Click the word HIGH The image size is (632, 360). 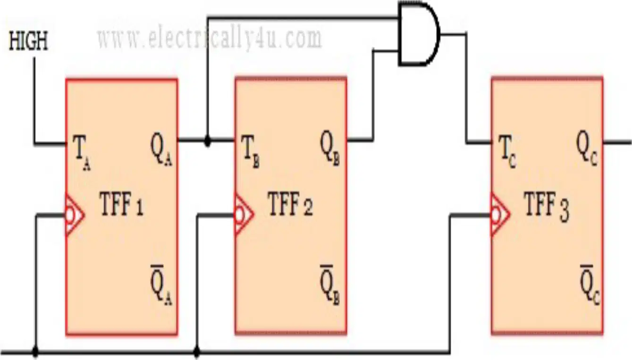(28, 41)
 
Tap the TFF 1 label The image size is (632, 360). (122, 204)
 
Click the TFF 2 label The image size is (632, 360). (290, 204)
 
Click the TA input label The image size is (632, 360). (82, 152)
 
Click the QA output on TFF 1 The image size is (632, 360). (161, 150)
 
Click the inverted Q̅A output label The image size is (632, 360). (161, 285)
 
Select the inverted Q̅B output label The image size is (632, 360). (329, 285)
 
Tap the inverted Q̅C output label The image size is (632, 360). (590, 285)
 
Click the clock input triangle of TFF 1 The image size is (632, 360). (75, 215)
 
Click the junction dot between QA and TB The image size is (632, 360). (208, 141)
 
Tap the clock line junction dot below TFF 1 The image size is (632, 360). (35, 352)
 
